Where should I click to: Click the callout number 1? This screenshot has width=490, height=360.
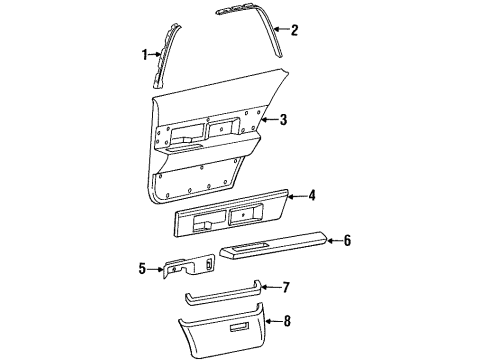click(x=144, y=54)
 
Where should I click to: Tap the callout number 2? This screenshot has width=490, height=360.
click(x=294, y=31)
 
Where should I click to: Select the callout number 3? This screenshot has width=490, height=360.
click(x=284, y=120)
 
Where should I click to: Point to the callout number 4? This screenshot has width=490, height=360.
click(x=312, y=197)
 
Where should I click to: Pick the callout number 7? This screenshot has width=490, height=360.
click(x=287, y=289)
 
